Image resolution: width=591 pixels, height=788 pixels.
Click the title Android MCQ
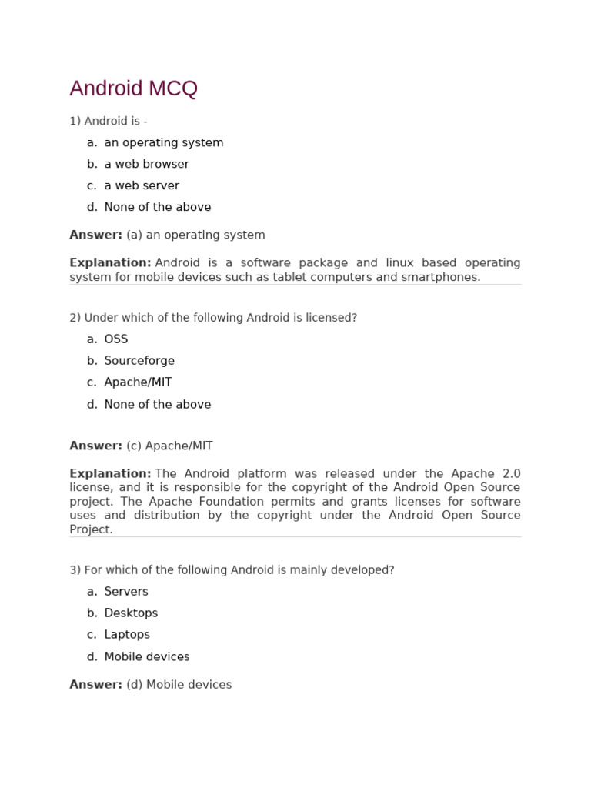(x=133, y=88)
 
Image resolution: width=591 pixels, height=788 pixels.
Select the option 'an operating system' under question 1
(x=163, y=142)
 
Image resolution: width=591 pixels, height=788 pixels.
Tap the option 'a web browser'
(x=146, y=164)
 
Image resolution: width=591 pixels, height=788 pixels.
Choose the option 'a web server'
(x=142, y=185)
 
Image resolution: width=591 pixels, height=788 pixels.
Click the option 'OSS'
(x=116, y=339)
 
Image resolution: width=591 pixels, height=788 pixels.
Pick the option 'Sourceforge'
(x=139, y=361)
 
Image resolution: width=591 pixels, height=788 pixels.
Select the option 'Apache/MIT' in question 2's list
(x=138, y=382)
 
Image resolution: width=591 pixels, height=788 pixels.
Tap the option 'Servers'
(x=126, y=592)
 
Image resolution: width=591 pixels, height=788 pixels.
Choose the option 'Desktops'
(x=131, y=613)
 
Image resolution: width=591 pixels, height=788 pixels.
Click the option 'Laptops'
(x=127, y=635)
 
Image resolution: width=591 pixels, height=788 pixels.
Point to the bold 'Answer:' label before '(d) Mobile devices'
(x=95, y=684)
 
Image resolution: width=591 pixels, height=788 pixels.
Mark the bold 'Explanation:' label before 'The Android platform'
(x=110, y=473)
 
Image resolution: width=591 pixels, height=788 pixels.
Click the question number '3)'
(x=75, y=570)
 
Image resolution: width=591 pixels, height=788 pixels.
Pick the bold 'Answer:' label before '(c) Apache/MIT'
(x=95, y=446)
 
